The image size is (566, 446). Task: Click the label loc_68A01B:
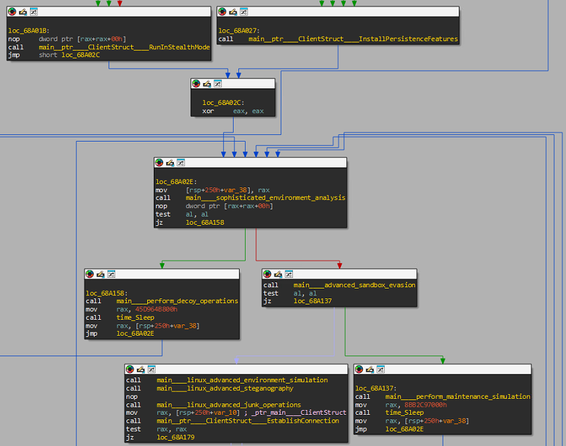click(x=29, y=31)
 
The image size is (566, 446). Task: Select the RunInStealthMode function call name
click(x=124, y=47)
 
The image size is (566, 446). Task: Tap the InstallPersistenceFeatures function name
click(x=353, y=39)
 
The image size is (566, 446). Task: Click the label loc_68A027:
click(x=239, y=31)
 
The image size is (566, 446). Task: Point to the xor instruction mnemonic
click(x=208, y=111)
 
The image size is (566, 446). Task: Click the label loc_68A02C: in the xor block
click(x=223, y=102)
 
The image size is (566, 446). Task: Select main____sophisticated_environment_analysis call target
click(x=265, y=198)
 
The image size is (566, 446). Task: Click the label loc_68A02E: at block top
click(x=176, y=181)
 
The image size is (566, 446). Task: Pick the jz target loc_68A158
click(x=204, y=223)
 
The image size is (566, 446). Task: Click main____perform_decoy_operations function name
click(x=177, y=301)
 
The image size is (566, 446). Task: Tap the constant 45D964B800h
click(x=156, y=310)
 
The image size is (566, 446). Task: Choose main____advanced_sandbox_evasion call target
click(x=354, y=285)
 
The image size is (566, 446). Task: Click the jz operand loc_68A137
click(x=312, y=301)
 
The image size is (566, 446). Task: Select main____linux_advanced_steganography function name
click(x=224, y=388)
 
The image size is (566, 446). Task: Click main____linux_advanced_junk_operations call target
click(x=228, y=405)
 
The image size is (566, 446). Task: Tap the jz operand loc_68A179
click(x=175, y=437)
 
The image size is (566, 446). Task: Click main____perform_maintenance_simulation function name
click(x=457, y=397)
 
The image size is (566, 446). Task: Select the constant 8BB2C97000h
click(x=425, y=405)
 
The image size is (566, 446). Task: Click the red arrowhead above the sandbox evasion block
click(x=340, y=265)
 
